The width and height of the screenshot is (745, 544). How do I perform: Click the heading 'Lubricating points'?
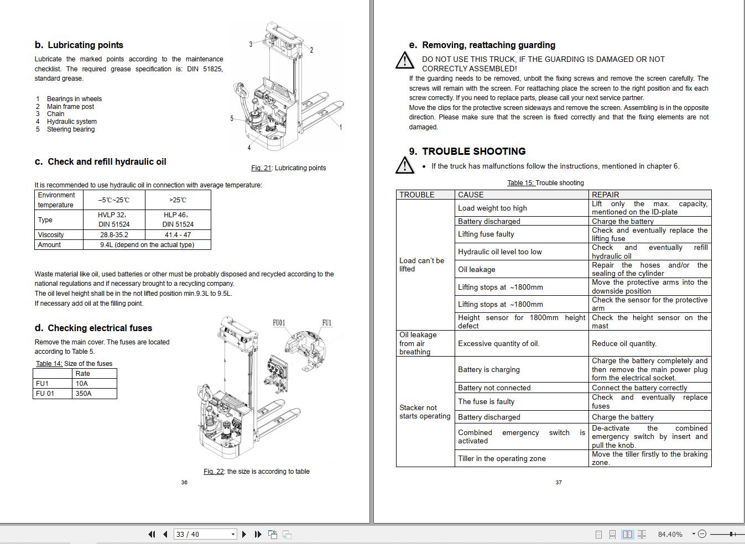[x=85, y=45]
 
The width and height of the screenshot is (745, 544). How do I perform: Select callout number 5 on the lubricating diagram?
[x=232, y=118]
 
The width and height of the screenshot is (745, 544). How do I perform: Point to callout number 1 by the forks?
[x=341, y=128]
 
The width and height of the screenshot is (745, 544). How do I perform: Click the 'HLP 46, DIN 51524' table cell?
[x=178, y=219]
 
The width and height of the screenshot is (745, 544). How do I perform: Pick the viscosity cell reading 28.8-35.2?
[x=114, y=235]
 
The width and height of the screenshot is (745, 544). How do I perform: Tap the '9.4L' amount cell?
[x=147, y=245]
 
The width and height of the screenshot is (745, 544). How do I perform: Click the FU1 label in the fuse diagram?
[x=327, y=323]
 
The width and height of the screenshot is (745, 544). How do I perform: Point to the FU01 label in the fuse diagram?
[x=279, y=323]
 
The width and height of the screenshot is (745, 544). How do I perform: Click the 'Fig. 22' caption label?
[x=213, y=472]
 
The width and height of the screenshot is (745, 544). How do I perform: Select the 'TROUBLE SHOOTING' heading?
[x=473, y=151]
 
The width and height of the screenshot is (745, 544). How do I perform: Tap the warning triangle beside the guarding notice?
[x=405, y=60]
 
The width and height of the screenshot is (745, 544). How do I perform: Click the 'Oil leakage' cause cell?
[x=477, y=270]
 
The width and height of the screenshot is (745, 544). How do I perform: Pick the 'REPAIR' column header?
[x=605, y=195]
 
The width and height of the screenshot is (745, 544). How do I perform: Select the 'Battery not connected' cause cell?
[x=494, y=388]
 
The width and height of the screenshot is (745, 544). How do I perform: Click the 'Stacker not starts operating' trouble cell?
[x=425, y=412]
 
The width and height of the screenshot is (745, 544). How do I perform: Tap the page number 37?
[x=559, y=483]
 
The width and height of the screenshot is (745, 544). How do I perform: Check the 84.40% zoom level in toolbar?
[x=670, y=534]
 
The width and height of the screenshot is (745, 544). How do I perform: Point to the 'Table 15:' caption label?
[x=520, y=183]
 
